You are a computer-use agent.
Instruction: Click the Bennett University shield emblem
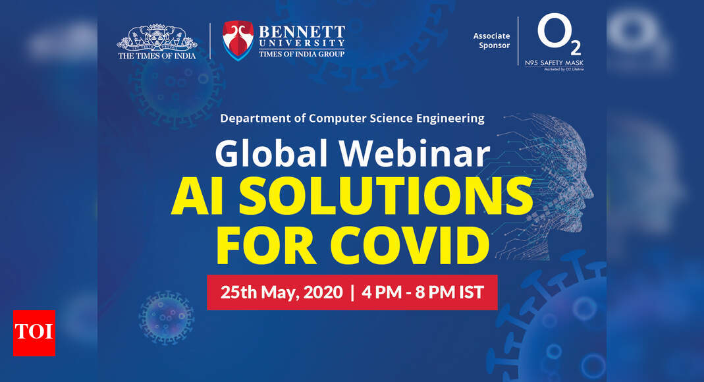[x=238, y=40]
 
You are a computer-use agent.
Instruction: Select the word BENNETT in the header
[x=301, y=32]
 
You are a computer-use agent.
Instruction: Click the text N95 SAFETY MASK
[x=560, y=63]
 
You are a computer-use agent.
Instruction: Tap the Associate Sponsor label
[x=491, y=41]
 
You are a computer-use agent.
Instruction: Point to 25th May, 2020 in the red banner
[x=281, y=292]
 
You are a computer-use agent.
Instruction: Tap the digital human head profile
[x=550, y=178]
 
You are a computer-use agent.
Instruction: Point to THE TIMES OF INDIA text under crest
[x=157, y=56]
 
